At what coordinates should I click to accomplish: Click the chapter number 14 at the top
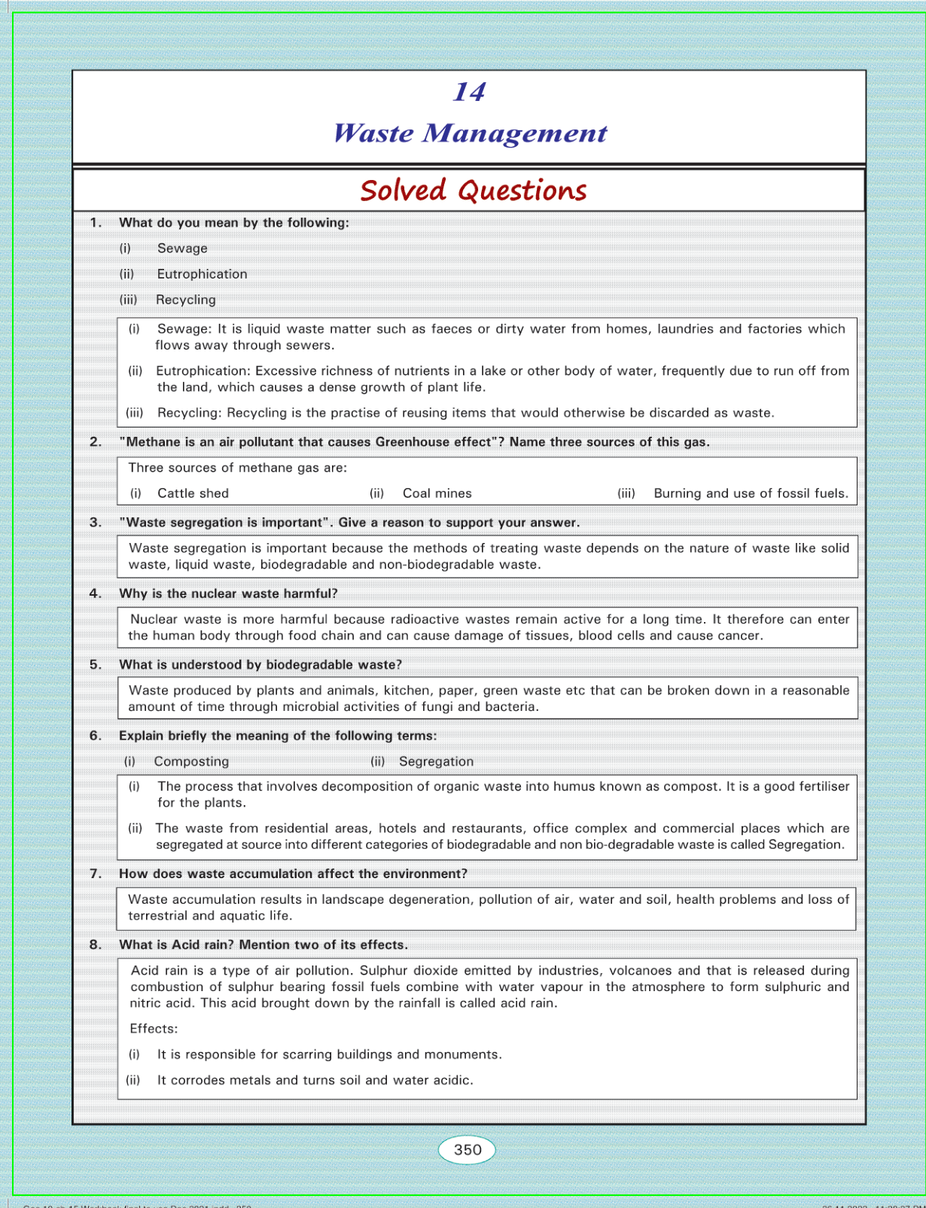[469, 92]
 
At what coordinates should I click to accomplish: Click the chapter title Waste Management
[470, 133]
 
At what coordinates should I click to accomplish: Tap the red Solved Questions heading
[473, 191]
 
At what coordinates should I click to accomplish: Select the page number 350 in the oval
[467, 1149]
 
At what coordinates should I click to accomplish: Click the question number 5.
[96, 664]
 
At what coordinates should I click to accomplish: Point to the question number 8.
[96, 944]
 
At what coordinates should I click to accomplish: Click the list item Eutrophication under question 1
[202, 274]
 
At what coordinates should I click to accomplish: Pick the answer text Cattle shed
[193, 493]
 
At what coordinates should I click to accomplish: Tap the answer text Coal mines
[437, 493]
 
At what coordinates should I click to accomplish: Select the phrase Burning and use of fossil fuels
[751, 493]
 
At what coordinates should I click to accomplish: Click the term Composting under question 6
[191, 761]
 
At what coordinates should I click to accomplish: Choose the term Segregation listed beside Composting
[436, 761]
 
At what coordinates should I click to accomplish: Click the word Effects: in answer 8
[154, 1029]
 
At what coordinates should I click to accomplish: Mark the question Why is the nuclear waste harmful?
[228, 593]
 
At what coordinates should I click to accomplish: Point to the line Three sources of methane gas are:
[238, 468]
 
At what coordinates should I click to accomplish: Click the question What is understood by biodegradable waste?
[260, 664]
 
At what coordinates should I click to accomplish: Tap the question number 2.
[96, 442]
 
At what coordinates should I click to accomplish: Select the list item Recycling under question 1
[186, 300]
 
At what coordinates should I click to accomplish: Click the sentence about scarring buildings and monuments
[329, 1054]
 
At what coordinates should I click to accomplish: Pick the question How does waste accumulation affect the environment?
[293, 874]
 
